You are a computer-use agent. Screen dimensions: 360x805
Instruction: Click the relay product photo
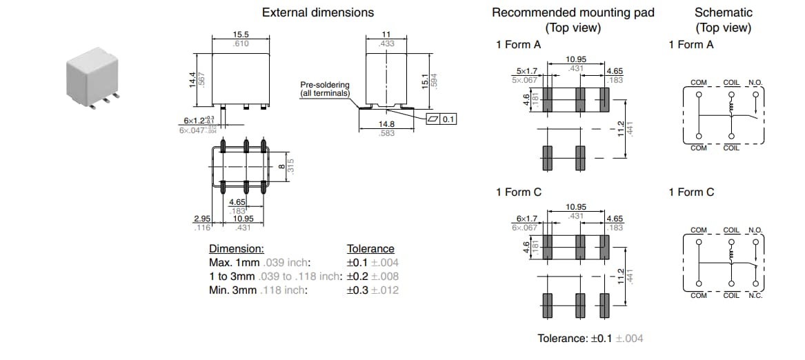pyautogui.click(x=94, y=77)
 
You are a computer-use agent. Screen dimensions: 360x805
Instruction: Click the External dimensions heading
pyautogui.click(x=318, y=12)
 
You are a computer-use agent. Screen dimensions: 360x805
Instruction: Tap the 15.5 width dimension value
pyautogui.click(x=240, y=34)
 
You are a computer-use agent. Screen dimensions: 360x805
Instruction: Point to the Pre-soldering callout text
pyautogui.click(x=325, y=89)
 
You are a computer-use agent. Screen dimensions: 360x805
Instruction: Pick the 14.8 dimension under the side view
pyautogui.click(x=387, y=124)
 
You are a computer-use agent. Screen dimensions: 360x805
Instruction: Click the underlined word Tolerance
pyautogui.click(x=370, y=249)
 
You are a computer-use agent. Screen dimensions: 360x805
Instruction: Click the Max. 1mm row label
pyautogui.click(x=235, y=263)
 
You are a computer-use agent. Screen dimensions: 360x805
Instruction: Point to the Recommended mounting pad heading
pyautogui.click(x=573, y=12)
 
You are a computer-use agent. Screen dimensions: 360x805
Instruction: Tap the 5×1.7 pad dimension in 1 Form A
pyautogui.click(x=526, y=71)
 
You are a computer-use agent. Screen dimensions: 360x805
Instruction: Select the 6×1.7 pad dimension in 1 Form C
pyautogui.click(x=526, y=219)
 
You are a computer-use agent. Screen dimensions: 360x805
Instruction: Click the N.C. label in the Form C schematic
pyautogui.click(x=756, y=296)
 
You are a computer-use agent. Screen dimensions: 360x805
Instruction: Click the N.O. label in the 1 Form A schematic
pyautogui.click(x=756, y=83)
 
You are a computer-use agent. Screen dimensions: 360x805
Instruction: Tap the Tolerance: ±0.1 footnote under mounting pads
pyautogui.click(x=590, y=339)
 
